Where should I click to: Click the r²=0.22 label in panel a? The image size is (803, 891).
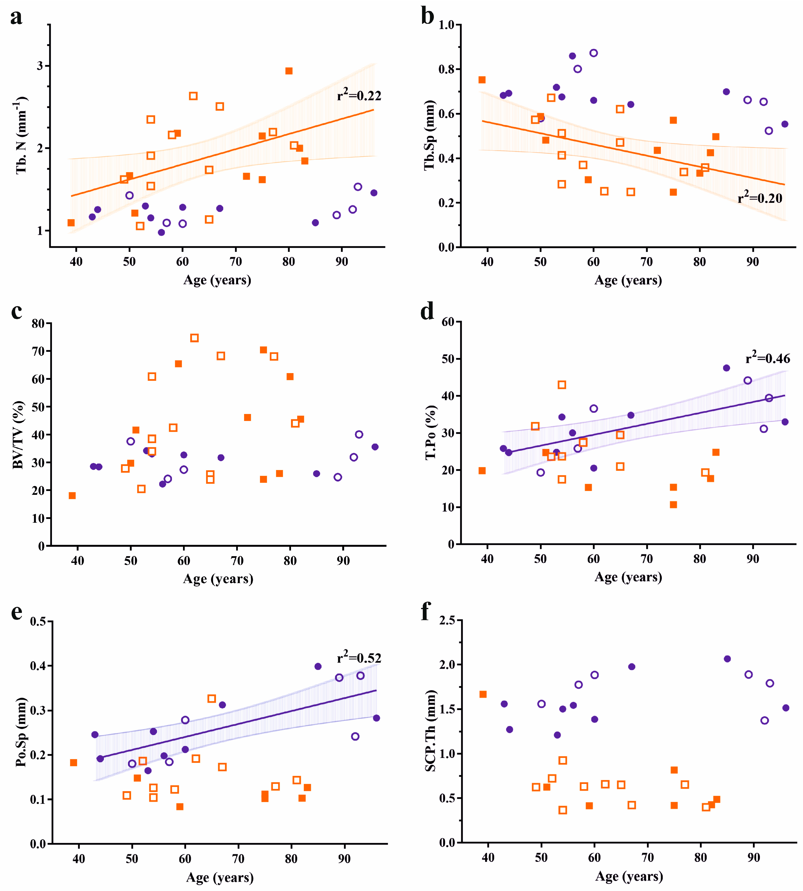[x=359, y=95]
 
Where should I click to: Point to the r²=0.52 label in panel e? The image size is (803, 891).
[x=359, y=657]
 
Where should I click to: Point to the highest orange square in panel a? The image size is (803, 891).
[x=289, y=71]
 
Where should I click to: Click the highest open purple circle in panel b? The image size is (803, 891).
[x=594, y=53]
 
